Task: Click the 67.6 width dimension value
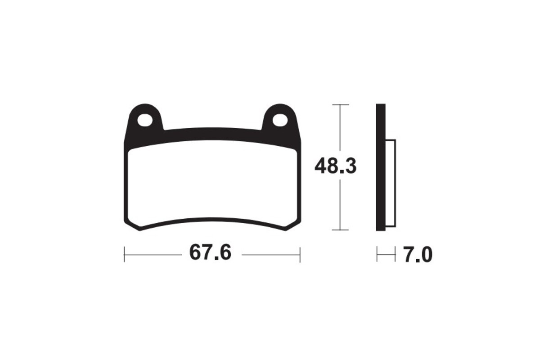click(210, 253)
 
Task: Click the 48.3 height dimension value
click(335, 166)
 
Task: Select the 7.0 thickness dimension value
click(418, 255)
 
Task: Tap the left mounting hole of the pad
click(144, 120)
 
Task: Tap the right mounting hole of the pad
click(279, 120)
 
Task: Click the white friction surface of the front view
click(212, 184)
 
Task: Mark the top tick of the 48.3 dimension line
click(340, 104)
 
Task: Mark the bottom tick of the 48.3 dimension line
click(340, 230)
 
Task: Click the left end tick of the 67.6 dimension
click(124, 255)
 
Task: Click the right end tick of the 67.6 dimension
click(300, 255)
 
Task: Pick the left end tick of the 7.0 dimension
click(377, 255)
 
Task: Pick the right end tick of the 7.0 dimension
click(395, 255)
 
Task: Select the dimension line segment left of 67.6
click(153, 255)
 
